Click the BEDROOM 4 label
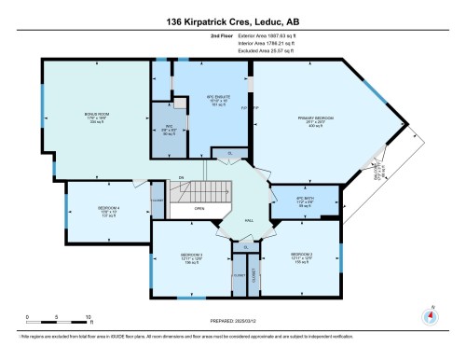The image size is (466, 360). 83,210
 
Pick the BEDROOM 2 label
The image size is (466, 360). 301,255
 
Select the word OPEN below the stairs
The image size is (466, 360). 199,209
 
